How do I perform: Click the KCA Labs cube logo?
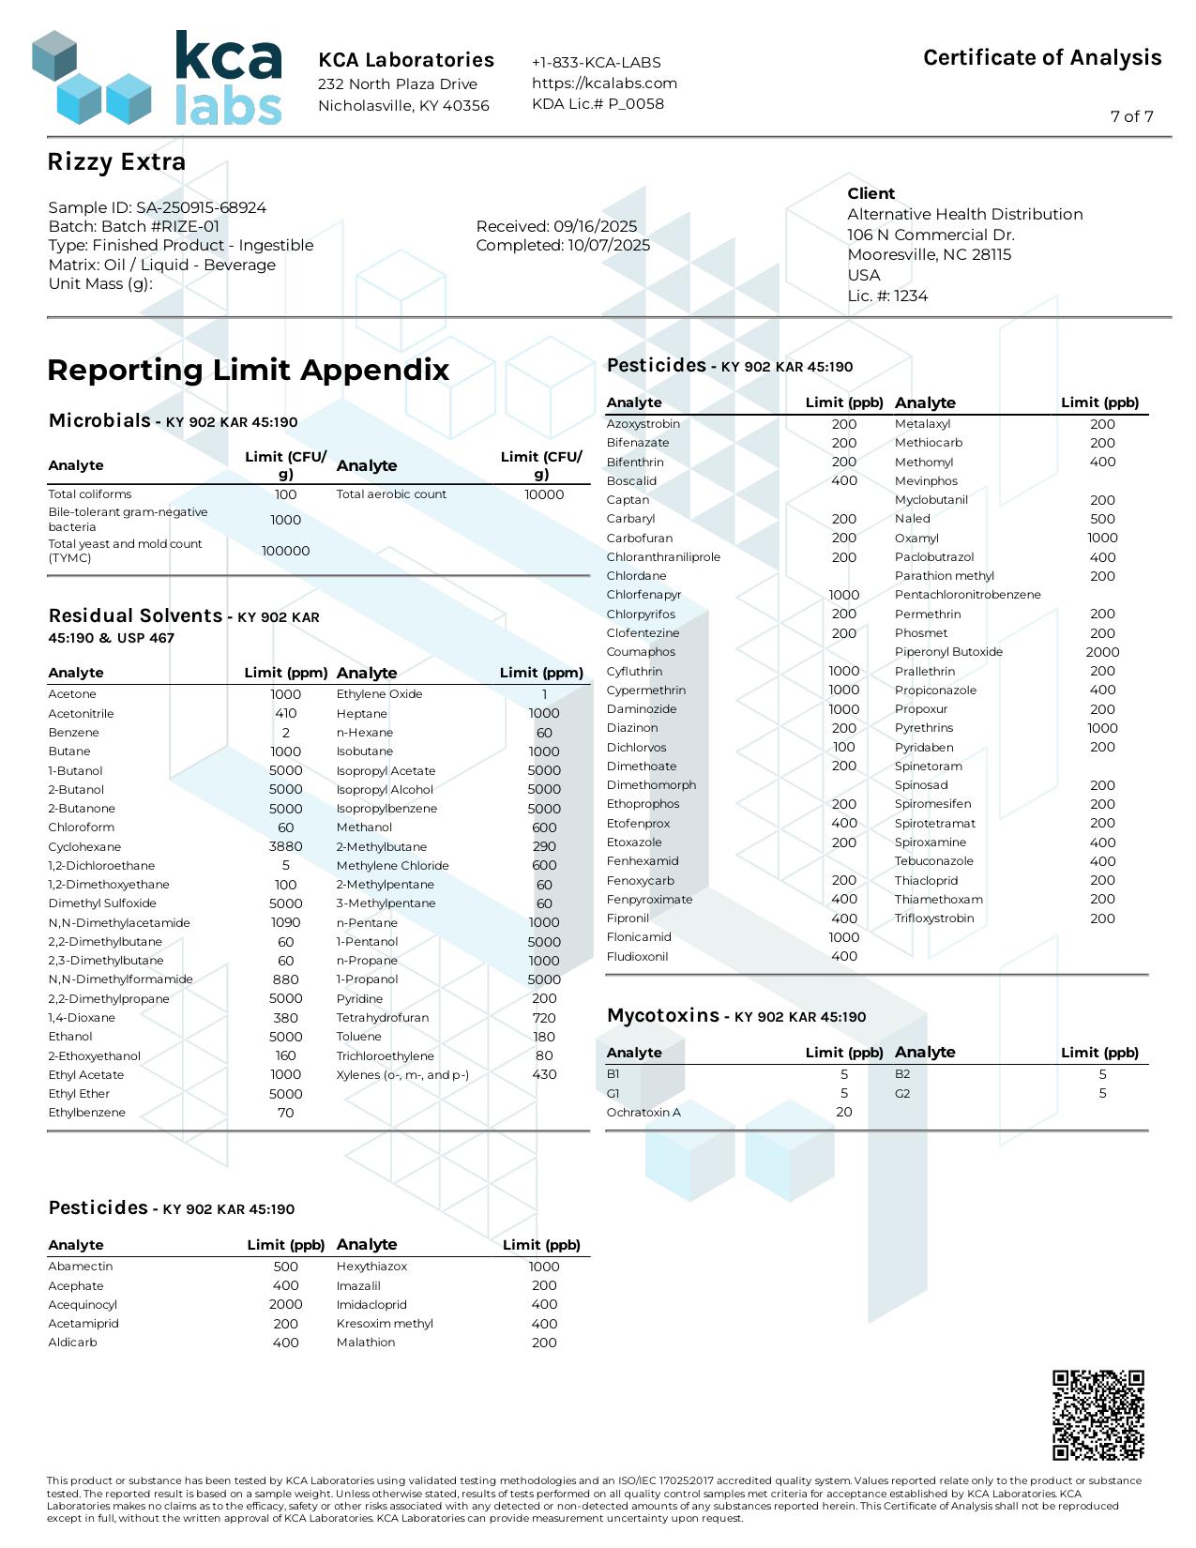tap(91, 79)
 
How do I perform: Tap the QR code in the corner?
tap(1098, 1415)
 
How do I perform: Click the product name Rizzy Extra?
tap(116, 162)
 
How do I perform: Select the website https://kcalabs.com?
tap(604, 83)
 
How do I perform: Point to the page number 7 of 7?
tap(1131, 116)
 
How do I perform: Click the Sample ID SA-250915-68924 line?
tap(158, 207)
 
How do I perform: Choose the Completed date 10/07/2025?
tap(563, 245)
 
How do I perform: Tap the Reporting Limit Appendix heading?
tap(249, 370)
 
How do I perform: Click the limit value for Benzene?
tap(285, 733)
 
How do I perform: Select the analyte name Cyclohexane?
tap(84, 846)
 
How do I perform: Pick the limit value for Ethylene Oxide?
tap(544, 694)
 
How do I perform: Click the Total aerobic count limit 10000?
tap(544, 494)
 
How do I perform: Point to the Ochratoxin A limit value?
tap(844, 1112)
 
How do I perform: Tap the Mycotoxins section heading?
tap(663, 1015)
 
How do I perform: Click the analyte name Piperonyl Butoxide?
tap(948, 652)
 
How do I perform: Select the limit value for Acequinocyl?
tap(285, 1304)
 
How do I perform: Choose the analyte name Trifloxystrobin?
tap(934, 918)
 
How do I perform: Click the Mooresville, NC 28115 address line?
tap(929, 254)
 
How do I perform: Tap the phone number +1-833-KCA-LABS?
tap(597, 62)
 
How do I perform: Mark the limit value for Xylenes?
tap(544, 1074)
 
